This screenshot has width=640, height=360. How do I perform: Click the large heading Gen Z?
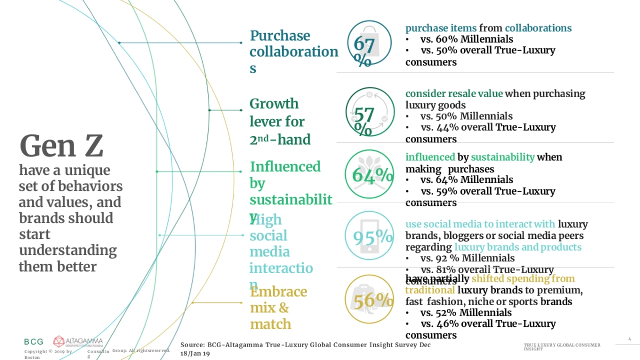(x=61, y=146)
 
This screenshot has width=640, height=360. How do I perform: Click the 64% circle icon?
(x=369, y=174)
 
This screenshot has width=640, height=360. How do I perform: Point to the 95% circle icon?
(x=369, y=236)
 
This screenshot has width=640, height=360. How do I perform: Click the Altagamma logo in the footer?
(x=78, y=341)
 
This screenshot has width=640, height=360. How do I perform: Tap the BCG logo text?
(x=34, y=341)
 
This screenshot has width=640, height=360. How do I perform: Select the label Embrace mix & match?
(x=278, y=308)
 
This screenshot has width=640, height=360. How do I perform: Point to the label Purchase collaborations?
(x=293, y=52)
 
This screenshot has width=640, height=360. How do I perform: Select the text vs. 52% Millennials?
(x=466, y=313)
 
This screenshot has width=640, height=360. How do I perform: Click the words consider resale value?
(x=454, y=94)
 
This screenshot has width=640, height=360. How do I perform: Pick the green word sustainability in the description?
(x=502, y=157)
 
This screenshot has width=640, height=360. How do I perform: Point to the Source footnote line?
(x=305, y=349)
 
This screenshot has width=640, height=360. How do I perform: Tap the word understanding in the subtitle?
(x=68, y=250)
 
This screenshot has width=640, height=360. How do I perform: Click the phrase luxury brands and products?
(x=518, y=247)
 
